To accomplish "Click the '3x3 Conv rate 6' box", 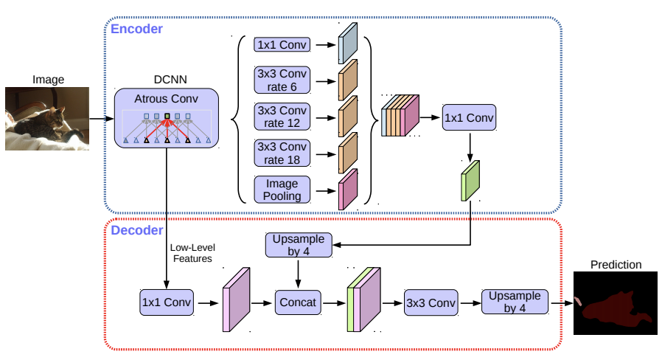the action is click(282, 80).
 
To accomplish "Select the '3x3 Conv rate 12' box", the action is click(282, 117).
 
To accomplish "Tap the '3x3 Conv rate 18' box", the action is click(282, 153).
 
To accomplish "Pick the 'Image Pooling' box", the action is click(282, 190).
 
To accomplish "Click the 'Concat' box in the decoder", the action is click(298, 302).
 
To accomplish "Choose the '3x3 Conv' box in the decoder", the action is click(431, 302).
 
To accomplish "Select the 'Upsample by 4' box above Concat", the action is click(299, 245).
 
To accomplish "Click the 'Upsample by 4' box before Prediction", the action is click(515, 302).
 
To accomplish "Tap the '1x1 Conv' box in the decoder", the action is click(167, 302).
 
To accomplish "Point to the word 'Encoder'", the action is click(136, 29).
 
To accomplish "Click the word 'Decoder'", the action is click(137, 230).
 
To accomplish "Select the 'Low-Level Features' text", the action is click(192, 253).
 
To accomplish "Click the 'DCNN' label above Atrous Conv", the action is click(170, 80).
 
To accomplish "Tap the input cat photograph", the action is click(47, 119).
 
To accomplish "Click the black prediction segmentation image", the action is click(615, 303).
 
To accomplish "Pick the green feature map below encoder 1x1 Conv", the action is click(470, 181).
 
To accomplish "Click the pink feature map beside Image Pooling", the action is click(348, 190).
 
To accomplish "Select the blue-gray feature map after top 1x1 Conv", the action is click(348, 43).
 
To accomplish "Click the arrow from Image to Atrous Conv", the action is click(102, 119).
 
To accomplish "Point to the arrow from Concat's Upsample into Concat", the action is click(298, 274).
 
